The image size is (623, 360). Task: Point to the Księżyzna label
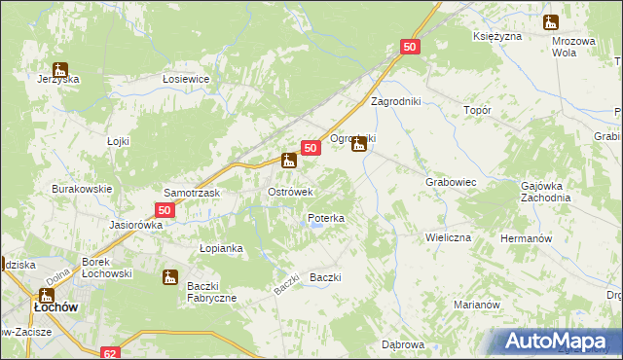click(x=496, y=36)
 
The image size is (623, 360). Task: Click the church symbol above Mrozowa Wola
click(x=551, y=22)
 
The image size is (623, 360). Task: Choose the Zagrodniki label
click(x=395, y=101)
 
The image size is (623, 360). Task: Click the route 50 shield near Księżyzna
click(x=410, y=47)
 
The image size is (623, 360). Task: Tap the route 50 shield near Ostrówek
click(x=311, y=148)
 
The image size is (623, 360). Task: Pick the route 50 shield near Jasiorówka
click(x=165, y=210)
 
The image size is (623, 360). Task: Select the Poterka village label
click(x=326, y=219)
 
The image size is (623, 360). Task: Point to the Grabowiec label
click(x=450, y=182)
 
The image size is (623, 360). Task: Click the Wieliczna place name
click(x=448, y=237)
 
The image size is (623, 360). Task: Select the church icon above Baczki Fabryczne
click(x=170, y=277)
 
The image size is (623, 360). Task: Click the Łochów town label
click(x=49, y=307)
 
